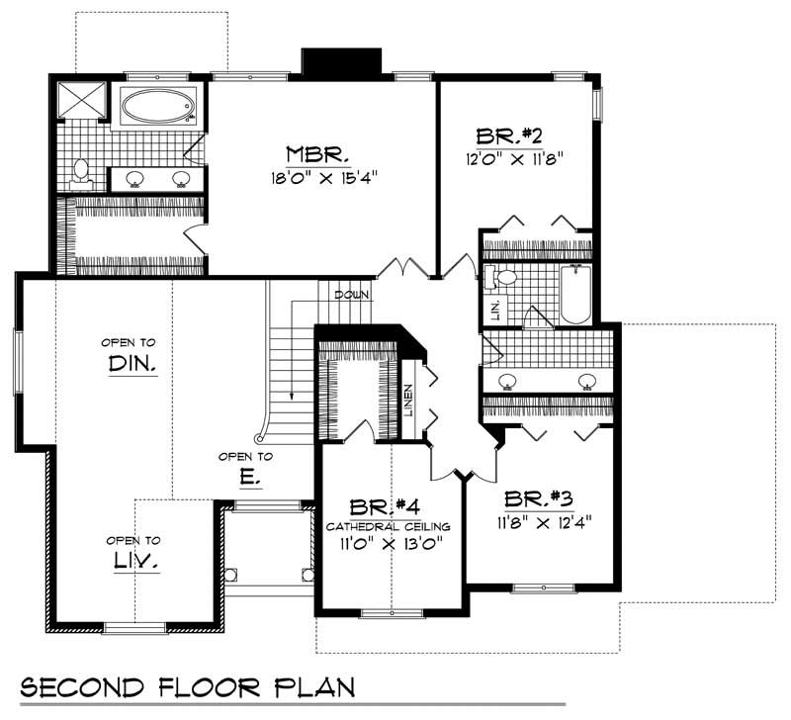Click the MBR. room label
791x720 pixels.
(317, 154)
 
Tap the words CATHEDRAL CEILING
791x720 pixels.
(389, 526)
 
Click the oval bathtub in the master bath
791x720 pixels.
(158, 106)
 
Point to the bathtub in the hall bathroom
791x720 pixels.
(574, 294)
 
